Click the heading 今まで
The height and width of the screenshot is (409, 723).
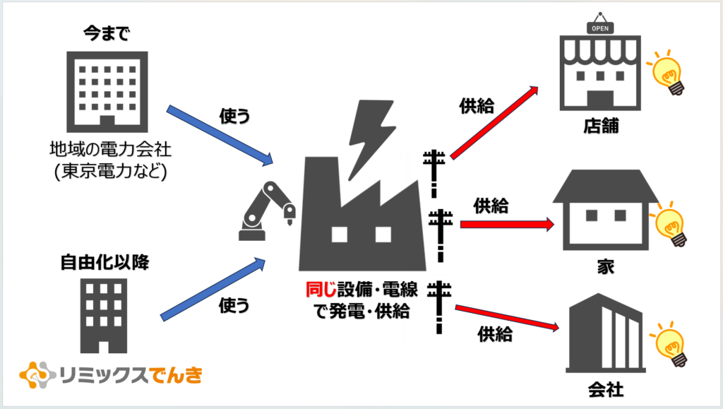tap(107, 33)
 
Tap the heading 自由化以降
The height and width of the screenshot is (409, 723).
tap(105, 262)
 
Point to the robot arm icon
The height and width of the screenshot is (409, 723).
tap(267, 211)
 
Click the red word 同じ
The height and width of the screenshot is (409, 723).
tap(321, 290)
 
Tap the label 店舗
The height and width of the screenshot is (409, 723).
tap(601, 126)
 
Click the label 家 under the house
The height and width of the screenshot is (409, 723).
tap(606, 266)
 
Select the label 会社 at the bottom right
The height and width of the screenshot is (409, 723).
tap(606, 390)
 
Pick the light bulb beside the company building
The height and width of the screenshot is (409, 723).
tap(669, 344)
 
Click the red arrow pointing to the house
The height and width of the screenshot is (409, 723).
tap(507, 225)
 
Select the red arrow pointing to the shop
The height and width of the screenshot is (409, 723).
tap(494, 122)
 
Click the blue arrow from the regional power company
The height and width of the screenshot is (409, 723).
tap(220, 136)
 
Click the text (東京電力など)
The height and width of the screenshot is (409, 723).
tap(111, 172)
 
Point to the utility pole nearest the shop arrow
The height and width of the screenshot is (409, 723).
tap(434, 173)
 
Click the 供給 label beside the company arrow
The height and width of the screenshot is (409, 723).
tap(495, 334)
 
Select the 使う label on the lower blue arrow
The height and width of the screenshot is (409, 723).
tap(234, 304)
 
